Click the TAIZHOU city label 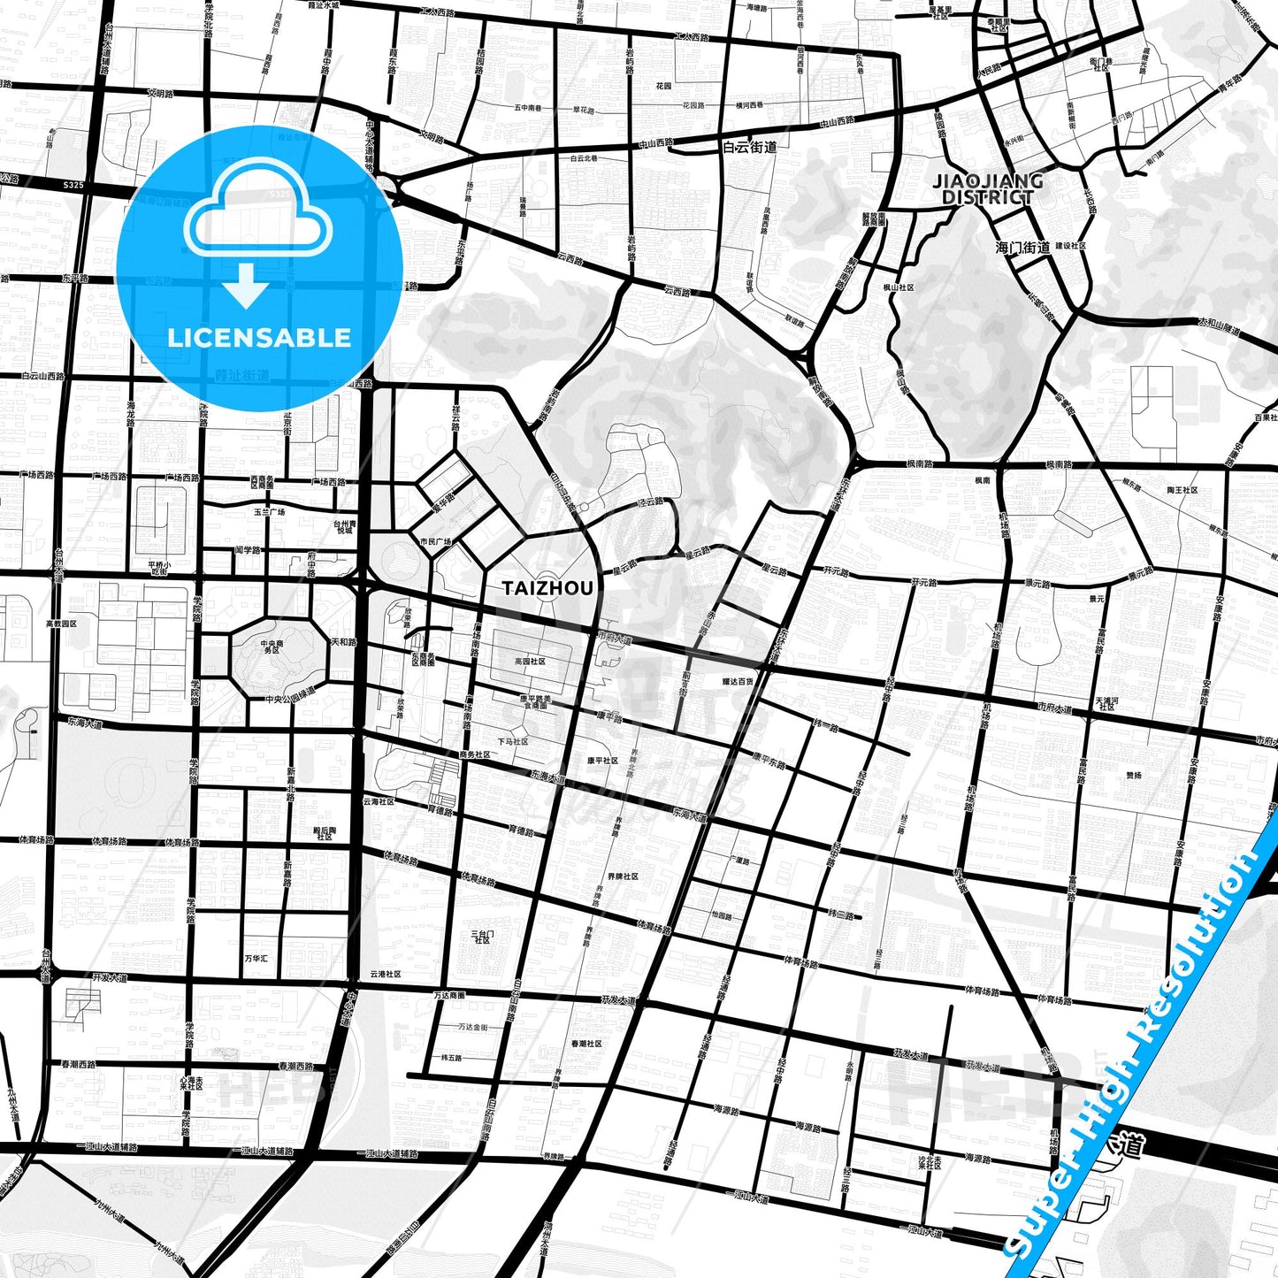(547, 588)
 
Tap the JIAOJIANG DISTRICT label (988, 189)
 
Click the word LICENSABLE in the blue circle (259, 338)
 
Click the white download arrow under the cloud (246, 285)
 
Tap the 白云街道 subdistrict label (749, 147)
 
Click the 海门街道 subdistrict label (1022, 248)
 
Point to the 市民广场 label (435, 541)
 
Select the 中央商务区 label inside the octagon (272, 647)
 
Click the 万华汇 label (256, 958)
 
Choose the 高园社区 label (530, 661)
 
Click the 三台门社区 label (483, 937)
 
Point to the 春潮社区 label (586, 1044)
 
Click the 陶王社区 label (1182, 489)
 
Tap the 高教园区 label (62, 624)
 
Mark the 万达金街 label (473, 1027)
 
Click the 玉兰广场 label (270, 511)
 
